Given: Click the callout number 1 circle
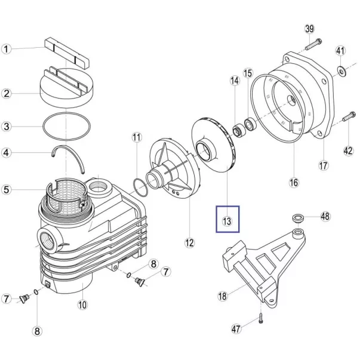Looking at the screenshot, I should [x=7, y=50].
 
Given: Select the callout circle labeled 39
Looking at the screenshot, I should [x=309, y=29].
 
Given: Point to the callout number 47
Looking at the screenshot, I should [x=236, y=329].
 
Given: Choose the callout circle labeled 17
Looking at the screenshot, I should [x=323, y=165].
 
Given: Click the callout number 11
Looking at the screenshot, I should [x=137, y=138].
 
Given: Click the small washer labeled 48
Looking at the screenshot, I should [x=297, y=216].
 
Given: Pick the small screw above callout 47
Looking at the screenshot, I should [x=261, y=318].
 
